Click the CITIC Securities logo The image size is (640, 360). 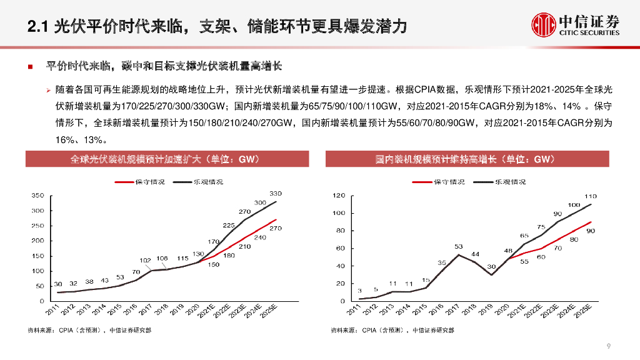click(x=575, y=24)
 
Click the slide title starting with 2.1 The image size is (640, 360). click(x=218, y=26)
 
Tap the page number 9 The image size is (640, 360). click(x=608, y=346)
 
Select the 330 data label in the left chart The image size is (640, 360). click(x=276, y=194)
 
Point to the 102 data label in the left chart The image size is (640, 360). click(x=145, y=260)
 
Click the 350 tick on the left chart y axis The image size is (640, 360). click(x=37, y=196)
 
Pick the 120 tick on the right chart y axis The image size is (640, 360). click(x=338, y=196)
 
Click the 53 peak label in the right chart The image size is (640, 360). click(x=458, y=246)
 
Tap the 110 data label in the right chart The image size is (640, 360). click(x=591, y=196)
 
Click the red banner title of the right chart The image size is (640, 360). click(x=465, y=159)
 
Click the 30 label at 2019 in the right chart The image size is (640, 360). click(x=491, y=266)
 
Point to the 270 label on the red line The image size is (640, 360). click(x=276, y=228)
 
